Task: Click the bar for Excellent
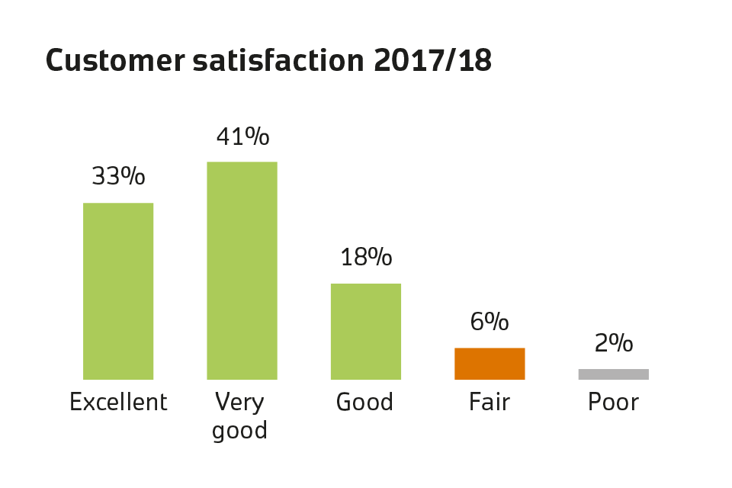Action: (118, 291)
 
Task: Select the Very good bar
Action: (242, 270)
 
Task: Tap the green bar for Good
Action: (365, 331)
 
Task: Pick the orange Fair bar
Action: (490, 363)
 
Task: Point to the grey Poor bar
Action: (613, 374)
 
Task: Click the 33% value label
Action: (118, 176)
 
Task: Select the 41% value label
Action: (242, 136)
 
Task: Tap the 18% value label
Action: (366, 257)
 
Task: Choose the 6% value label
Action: (490, 322)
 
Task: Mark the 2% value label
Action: (613, 343)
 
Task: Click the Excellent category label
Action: (118, 402)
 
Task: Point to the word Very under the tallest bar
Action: (239, 402)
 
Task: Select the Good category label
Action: (365, 402)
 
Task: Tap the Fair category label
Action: (490, 402)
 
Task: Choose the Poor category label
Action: (613, 402)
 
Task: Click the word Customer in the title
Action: (114, 61)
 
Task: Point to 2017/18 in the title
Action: (432, 61)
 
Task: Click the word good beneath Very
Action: (239, 431)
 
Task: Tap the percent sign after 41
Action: (258, 136)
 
